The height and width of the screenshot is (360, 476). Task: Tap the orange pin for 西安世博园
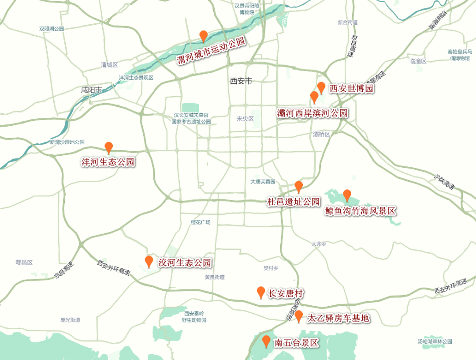click(321, 87)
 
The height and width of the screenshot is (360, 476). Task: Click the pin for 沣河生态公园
click(108, 148)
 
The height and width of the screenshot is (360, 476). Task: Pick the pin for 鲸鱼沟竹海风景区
click(347, 195)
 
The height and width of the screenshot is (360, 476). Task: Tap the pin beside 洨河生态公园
click(149, 262)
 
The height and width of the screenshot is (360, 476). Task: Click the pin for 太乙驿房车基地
click(299, 316)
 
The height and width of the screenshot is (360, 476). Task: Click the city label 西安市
click(241, 81)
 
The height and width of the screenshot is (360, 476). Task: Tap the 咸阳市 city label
click(92, 90)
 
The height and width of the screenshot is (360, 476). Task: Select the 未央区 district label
click(245, 119)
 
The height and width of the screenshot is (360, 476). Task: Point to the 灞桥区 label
click(321, 134)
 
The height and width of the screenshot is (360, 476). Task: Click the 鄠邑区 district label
click(24, 262)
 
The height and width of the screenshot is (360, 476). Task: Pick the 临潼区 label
click(418, 61)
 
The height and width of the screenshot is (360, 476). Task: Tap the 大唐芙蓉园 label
click(263, 182)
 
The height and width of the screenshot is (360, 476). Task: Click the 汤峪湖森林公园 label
click(435, 341)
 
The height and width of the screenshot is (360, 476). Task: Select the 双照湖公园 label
click(52, 29)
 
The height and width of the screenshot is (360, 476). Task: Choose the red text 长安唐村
click(286, 294)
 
